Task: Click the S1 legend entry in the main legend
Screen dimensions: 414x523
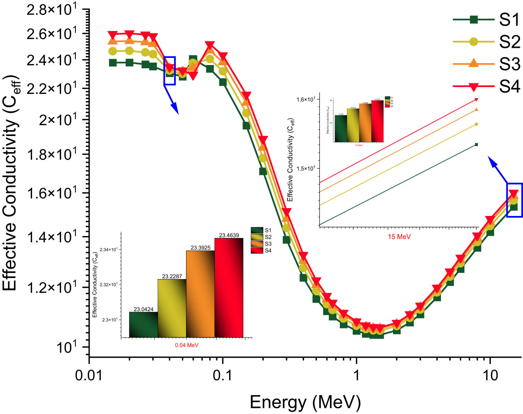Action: pos(509,20)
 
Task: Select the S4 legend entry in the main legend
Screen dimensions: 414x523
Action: pos(509,87)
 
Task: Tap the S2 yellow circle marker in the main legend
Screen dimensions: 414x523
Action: pos(473,42)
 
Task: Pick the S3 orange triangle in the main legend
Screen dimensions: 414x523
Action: pos(473,63)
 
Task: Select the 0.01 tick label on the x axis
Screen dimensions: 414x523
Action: pos(89,375)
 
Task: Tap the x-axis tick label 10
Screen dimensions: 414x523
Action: pos(490,375)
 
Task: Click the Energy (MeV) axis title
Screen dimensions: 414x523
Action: pos(305,402)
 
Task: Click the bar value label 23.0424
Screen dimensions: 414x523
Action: pos(144,309)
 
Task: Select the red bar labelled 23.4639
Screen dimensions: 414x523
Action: pos(229,288)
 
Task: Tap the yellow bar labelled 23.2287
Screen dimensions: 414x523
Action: pos(172,308)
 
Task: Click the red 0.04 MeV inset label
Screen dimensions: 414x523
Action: pos(187,345)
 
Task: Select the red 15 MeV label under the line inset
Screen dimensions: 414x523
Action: pos(399,237)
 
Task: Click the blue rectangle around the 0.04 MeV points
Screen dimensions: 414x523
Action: pos(170,71)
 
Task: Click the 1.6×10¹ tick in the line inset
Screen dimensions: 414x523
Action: pos(306,99)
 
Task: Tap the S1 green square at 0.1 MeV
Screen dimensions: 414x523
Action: pos(223,82)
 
